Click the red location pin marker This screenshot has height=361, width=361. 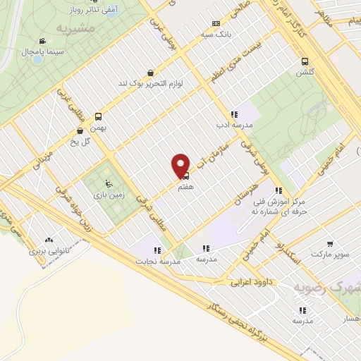[x=180, y=165]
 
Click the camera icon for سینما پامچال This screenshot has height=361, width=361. [x=43, y=42]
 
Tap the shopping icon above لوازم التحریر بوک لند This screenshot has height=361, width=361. [x=150, y=73]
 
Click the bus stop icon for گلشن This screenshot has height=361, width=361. [x=305, y=61]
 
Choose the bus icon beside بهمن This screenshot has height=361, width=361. [x=97, y=118]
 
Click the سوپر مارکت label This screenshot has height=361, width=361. [x=334, y=252]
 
